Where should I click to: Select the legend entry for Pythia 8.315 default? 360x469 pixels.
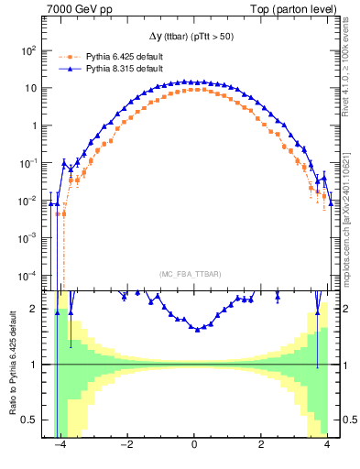(x=121, y=69)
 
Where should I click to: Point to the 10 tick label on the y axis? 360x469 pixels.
(x=33, y=88)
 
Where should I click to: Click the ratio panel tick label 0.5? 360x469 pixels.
(x=33, y=420)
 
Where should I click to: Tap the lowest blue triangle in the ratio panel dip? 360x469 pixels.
(x=198, y=329)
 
